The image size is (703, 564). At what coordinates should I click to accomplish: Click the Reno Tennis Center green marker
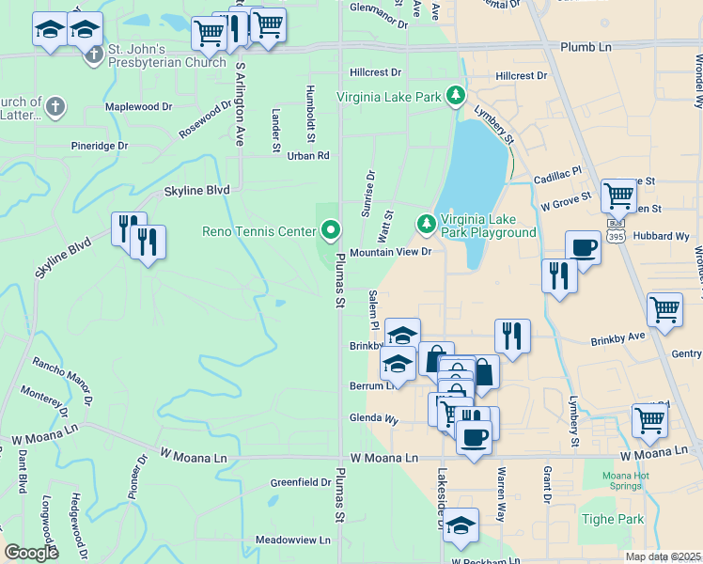click(331, 229)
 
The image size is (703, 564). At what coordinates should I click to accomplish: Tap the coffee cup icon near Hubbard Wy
click(583, 248)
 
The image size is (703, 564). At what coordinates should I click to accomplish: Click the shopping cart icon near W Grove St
click(618, 196)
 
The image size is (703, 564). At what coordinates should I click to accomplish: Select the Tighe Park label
click(617, 519)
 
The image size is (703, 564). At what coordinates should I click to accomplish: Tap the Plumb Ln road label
click(586, 46)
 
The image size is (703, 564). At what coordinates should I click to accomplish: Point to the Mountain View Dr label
click(390, 253)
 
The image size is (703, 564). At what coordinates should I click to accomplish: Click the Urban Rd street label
click(308, 155)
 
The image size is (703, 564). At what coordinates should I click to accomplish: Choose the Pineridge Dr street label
click(100, 146)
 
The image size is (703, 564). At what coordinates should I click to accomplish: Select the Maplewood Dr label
click(139, 106)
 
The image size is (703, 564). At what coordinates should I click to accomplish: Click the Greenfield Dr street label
click(301, 482)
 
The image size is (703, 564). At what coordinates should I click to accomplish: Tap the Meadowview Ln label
click(293, 540)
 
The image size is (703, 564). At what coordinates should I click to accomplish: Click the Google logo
click(31, 553)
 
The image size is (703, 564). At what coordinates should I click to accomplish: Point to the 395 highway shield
click(616, 231)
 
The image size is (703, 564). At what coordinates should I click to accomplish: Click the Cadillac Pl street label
click(558, 177)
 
